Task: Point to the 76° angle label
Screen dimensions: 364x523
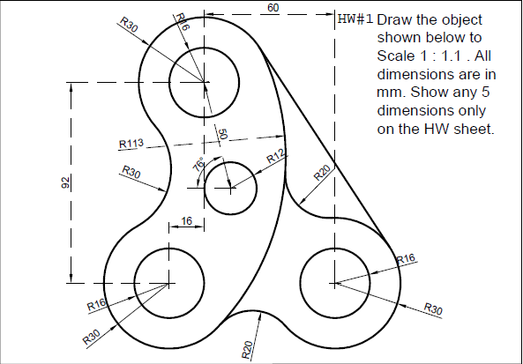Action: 199,165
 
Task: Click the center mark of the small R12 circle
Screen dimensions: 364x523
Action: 230,188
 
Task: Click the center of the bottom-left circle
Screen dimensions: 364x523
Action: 168,283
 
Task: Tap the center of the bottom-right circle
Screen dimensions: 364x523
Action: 334,283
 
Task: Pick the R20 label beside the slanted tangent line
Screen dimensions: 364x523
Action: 322,170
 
